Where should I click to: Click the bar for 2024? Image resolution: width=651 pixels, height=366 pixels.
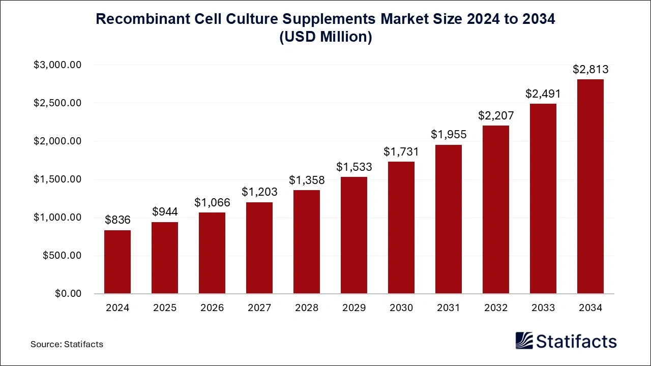pyautogui.click(x=117, y=262)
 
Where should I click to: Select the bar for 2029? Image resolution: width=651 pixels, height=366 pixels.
pyautogui.click(x=354, y=235)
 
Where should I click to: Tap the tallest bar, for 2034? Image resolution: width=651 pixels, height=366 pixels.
pyautogui.click(x=590, y=187)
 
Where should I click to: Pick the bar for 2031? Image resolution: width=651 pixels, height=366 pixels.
pyautogui.click(x=449, y=219)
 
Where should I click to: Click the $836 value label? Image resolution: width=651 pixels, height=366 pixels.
pyautogui.click(x=117, y=220)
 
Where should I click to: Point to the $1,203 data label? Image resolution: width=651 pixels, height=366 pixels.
pyautogui.click(x=259, y=192)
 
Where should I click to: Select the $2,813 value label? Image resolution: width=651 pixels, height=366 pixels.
pyautogui.click(x=590, y=69)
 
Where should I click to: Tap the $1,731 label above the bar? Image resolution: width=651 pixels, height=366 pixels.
pyautogui.click(x=401, y=151)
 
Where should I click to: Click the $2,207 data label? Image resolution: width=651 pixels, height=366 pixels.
pyautogui.click(x=496, y=115)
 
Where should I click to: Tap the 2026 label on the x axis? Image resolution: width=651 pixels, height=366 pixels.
pyautogui.click(x=212, y=308)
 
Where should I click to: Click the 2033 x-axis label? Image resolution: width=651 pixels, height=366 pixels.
pyautogui.click(x=543, y=308)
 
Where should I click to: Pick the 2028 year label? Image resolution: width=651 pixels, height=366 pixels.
pyautogui.click(x=307, y=308)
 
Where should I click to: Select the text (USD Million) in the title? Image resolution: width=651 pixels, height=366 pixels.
pyautogui.click(x=325, y=37)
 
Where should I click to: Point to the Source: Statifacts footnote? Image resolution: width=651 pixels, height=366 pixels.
pyautogui.click(x=67, y=344)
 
